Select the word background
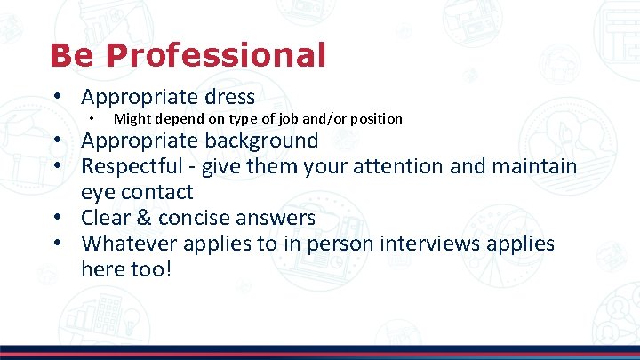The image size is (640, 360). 261,140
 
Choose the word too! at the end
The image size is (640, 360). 145,269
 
